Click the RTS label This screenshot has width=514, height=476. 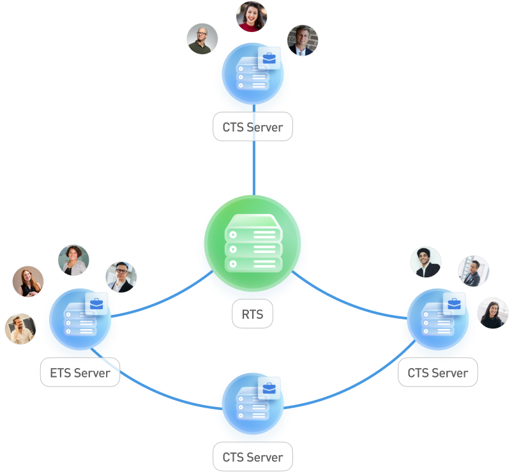point(252,314)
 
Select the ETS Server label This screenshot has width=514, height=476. point(80,372)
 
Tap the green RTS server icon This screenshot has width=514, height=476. point(253,243)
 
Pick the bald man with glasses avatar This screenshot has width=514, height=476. point(202,39)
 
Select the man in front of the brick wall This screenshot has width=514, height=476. point(302,40)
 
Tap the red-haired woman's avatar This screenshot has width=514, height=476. point(28,282)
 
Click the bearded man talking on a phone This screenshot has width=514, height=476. point(20,329)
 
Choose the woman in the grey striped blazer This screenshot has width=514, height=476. point(73,260)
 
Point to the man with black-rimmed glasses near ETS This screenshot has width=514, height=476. point(121,277)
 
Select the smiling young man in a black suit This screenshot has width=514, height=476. point(426,262)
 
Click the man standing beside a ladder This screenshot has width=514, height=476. point(473,271)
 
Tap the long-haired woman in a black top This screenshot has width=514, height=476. point(492,313)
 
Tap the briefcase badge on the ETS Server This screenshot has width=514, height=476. point(96,305)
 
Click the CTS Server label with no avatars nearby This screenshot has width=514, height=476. point(252,457)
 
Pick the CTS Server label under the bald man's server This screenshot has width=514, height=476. point(252,127)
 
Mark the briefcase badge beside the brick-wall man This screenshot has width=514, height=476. point(269,59)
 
